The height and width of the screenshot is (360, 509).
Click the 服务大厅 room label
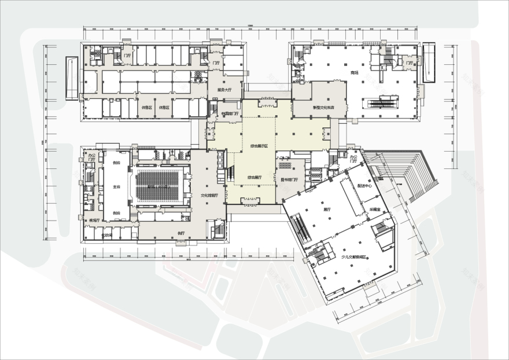216,90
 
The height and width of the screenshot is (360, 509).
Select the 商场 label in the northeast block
354,72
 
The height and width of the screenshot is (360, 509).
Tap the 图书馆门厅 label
289,179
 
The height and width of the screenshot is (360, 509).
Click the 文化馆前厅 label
209,196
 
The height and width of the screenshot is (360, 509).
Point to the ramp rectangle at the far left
72,78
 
